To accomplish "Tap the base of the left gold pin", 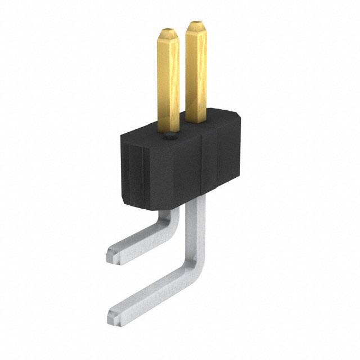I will coord(168,128).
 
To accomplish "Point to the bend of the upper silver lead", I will coord(172,225).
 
